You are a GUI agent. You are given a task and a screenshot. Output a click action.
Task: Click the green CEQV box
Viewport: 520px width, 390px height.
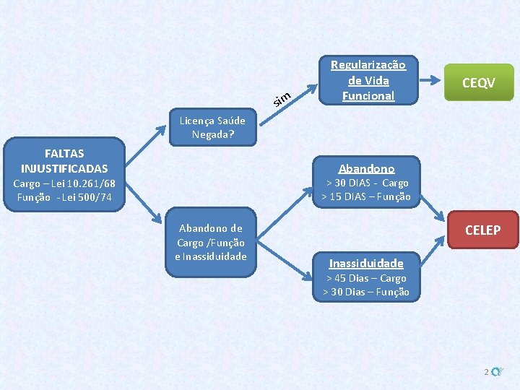478,83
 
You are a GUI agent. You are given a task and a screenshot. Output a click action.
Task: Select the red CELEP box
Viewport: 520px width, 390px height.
482,230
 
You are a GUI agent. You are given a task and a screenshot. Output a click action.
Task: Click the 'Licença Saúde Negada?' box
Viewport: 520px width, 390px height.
212,127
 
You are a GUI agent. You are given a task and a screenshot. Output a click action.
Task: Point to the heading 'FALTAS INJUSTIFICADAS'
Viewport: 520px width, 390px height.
64,160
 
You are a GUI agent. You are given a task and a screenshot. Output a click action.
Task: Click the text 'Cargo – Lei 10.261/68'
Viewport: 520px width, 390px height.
64,183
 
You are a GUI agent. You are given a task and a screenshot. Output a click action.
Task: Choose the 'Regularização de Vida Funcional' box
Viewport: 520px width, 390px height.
368,80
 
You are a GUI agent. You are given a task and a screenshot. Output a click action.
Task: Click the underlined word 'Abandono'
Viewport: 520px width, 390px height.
367,168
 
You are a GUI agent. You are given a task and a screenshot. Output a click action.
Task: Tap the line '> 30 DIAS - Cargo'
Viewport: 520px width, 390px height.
365,183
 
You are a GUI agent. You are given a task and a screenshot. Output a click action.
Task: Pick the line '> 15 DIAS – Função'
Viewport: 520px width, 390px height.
365,196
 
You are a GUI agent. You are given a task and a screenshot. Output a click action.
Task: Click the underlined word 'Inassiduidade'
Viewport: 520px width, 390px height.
366,263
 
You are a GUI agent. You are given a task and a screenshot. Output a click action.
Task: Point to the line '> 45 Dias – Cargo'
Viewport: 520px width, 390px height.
366,278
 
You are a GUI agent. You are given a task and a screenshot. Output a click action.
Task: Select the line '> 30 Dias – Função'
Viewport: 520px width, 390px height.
366,292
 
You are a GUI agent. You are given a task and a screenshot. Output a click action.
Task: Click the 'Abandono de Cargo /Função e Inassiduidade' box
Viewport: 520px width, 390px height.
210,242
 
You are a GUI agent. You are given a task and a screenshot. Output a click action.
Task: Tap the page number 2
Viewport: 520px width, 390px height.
487,372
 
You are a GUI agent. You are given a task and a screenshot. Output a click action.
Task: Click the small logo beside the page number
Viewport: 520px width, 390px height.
496,372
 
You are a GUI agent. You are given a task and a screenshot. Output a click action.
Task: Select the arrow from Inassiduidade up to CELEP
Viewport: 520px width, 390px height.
434,253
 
